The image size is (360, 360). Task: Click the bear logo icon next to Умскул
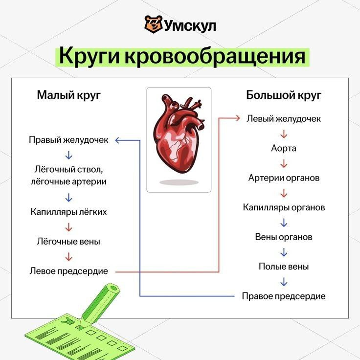(x=153, y=24)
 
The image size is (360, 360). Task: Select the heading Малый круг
(x=69, y=95)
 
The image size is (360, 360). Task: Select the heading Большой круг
(x=284, y=95)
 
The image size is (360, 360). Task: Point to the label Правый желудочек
(x=68, y=140)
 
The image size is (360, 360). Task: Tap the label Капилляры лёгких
(x=68, y=212)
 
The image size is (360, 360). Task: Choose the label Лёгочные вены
(x=68, y=241)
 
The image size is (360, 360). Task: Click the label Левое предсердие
(x=68, y=270)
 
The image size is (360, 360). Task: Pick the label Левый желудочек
(x=284, y=118)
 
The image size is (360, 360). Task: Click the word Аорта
(x=284, y=148)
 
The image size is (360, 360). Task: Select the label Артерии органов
(x=284, y=178)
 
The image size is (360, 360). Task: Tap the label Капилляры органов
(x=284, y=207)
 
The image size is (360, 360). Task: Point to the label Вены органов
(x=284, y=237)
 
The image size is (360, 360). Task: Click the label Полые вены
(x=284, y=267)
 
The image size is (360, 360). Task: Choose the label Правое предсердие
(x=284, y=296)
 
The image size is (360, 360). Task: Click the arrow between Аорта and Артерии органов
(x=284, y=163)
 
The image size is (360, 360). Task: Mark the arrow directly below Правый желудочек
(x=68, y=155)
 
